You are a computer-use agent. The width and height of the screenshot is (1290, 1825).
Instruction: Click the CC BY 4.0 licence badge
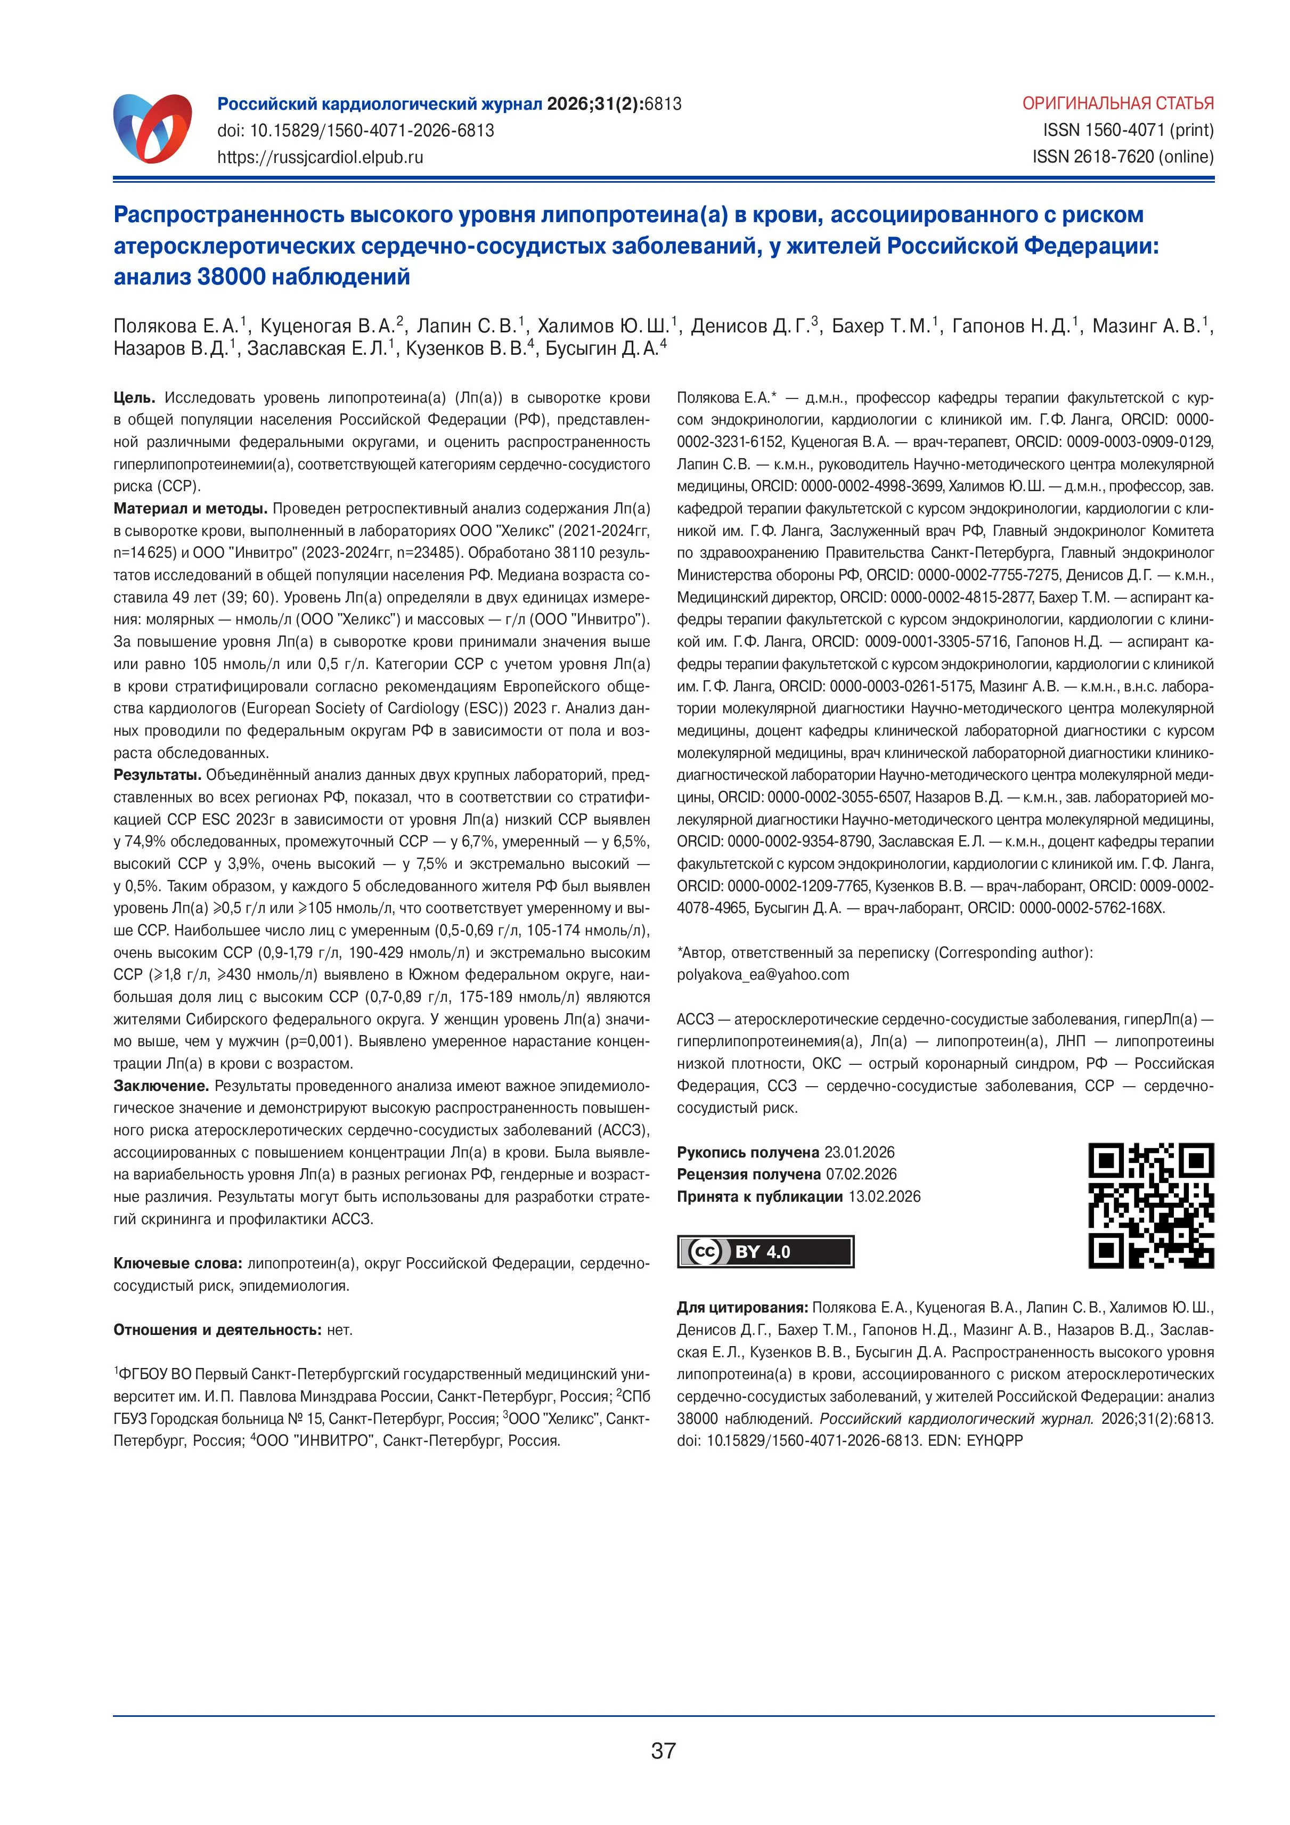point(765,1251)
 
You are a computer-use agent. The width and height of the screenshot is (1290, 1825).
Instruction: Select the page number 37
point(663,1749)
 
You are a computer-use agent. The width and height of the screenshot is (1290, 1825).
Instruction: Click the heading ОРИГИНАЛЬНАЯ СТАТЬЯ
point(1117,103)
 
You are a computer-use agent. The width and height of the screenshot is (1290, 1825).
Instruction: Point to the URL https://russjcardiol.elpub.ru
point(320,157)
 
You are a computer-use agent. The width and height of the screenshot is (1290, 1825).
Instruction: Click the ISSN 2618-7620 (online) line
point(1123,157)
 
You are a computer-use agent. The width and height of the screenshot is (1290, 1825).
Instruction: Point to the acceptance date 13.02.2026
point(884,1196)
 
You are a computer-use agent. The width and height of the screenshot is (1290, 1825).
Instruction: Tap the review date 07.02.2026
point(861,1174)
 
